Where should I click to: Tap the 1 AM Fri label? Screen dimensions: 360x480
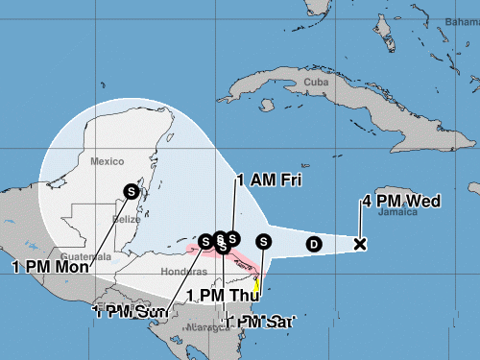point(272,180)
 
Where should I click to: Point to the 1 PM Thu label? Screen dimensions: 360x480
point(220,295)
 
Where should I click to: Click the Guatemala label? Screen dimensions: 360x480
point(80,257)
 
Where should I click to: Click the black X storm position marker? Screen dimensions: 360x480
point(360,244)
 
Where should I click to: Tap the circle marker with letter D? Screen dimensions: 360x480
point(312,244)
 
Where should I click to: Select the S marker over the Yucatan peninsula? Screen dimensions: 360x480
point(132,191)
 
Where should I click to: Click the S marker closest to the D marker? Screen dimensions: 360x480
point(264,241)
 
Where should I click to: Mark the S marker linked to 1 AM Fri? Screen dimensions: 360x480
point(233,237)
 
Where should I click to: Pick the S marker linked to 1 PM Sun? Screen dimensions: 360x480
point(205,239)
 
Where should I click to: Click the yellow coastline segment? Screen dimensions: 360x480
point(256,284)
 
